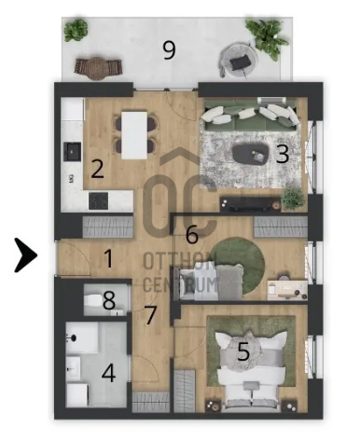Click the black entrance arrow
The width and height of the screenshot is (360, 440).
coord(26,255)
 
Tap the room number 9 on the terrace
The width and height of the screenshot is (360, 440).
coord(170,50)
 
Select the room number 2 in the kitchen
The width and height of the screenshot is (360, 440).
coord(97,169)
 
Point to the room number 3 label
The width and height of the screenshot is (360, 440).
coord(283,154)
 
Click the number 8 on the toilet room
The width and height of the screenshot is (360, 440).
coord(109,300)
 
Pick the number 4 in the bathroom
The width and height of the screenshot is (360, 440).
coord(109,373)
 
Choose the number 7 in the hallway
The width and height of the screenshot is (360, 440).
coord(151,315)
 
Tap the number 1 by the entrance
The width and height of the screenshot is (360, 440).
coord(108,258)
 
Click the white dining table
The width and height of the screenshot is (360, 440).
coord(134,135)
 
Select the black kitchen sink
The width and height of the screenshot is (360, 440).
coord(73,151)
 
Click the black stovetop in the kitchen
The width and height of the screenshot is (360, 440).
coord(99,200)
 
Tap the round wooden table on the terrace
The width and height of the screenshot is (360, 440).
coord(97,68)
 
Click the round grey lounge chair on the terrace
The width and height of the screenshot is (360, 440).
coord(239,60)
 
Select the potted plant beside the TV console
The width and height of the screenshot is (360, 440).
coord(293,199)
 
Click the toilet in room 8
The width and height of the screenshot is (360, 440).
coord(93,300)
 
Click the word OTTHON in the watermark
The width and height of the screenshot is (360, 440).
coord(179,261)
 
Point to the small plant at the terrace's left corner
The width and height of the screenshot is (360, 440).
coord(76,30)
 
